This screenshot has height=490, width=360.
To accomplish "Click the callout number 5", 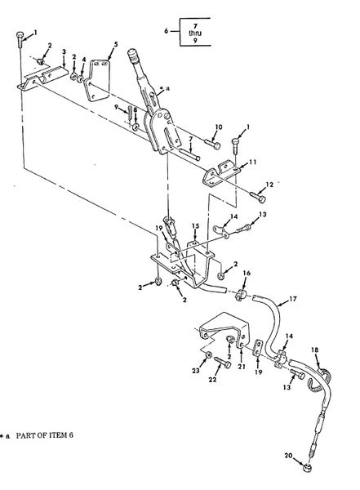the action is coord(116,44).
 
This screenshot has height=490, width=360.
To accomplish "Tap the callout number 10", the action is coord(219,127).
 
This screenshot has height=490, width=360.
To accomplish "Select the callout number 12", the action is coord(269,185).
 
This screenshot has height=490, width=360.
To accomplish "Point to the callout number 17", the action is coord(293,299).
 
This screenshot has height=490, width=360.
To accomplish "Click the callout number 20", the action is coord(288,456).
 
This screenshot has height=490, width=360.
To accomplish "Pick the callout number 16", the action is coord(247,273).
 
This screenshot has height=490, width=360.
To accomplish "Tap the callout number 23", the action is coord(196,371).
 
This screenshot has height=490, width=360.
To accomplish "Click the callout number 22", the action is coord(212,380).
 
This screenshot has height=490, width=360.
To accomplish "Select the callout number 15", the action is coord(196,225).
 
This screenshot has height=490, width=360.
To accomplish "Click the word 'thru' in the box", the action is coord(195,33).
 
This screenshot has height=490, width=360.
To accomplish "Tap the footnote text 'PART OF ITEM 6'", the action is coord(45,435).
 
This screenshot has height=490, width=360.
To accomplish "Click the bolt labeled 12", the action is coord(258,197).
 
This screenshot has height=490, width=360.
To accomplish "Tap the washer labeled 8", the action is coord(136,127).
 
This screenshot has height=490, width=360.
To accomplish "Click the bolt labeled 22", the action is coord(223,362).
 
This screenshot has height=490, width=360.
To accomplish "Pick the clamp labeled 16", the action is coord(241,295).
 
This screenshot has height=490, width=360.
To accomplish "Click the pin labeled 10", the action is coord(212,144).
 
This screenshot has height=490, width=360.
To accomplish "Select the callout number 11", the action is coord(253,162).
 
